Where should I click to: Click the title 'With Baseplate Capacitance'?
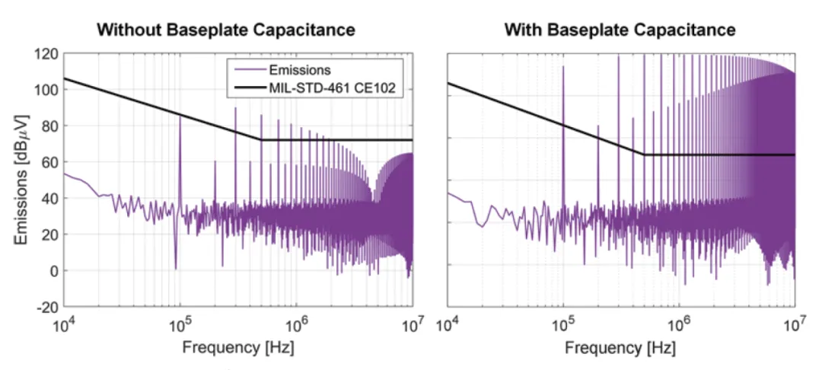tap(620, 30)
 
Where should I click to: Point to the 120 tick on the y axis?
tap(46, 54)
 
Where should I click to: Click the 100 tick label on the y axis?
tap(46, 90)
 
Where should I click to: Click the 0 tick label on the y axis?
tap(53, 270)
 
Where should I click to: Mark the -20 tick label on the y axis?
tap(46, 306)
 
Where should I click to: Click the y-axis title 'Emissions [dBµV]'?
tap(21, 180)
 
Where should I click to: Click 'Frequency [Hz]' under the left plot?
tap(237, 348)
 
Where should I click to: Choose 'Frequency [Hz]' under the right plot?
tap(620, 348)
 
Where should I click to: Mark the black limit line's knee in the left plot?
tap(261, 139)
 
